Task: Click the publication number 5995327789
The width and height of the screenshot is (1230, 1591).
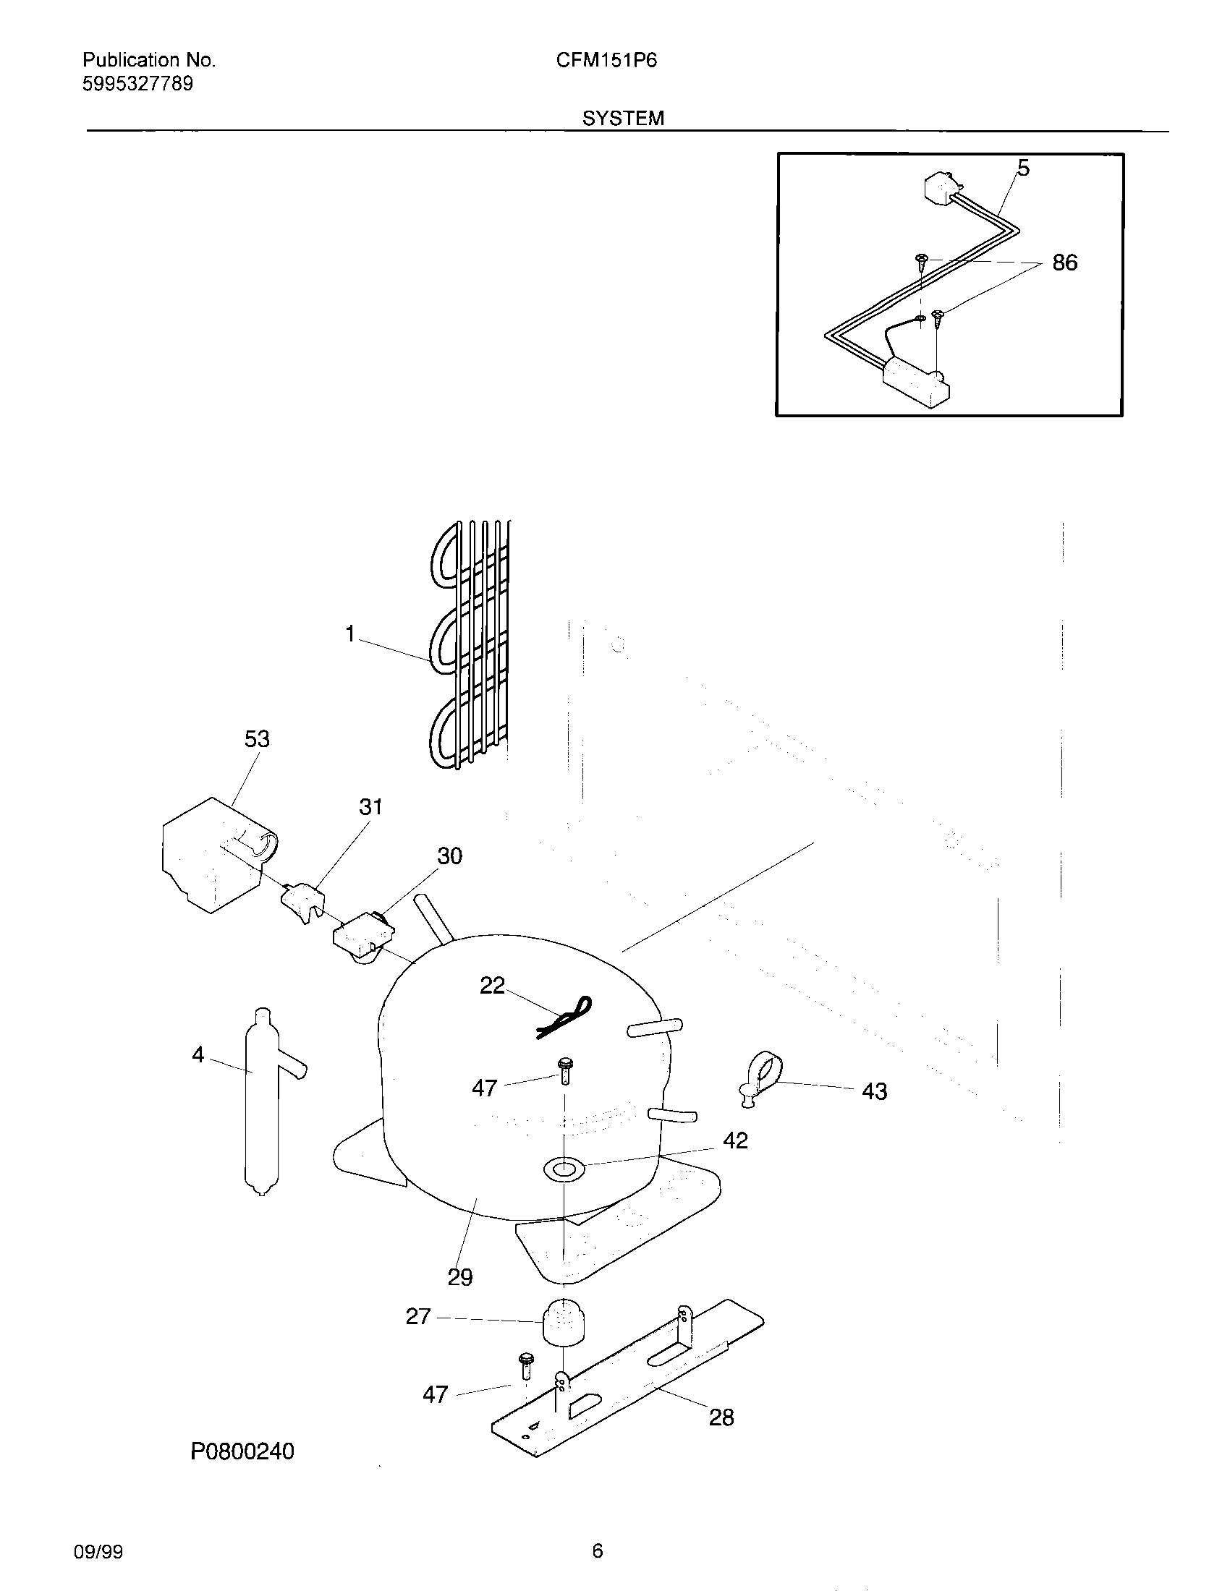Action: coord(137,84)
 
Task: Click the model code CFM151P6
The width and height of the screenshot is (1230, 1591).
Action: coord(606,61)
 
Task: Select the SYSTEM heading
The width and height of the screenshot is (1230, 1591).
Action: coord(623,118)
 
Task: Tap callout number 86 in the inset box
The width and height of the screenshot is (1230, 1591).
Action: coord(1064,263)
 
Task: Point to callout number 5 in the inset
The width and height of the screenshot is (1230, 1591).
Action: coord(1023,169)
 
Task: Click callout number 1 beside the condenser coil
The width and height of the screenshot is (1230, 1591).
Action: coord(349,634)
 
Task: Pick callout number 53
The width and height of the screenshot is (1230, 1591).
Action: coord(257,738)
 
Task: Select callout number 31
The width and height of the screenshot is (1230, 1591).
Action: coord(370,806)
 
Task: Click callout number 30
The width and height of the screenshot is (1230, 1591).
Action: coord(449,856)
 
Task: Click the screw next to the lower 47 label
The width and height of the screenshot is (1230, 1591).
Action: coord(525,1367)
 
